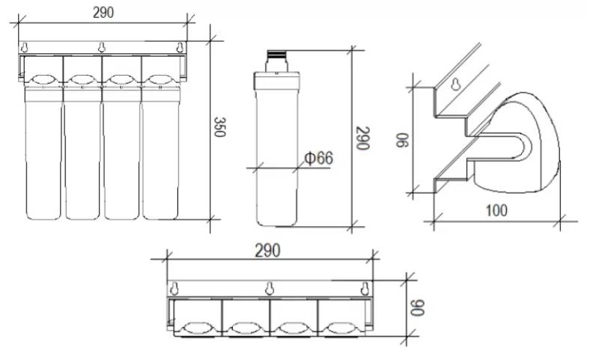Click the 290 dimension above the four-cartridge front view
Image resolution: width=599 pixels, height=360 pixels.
pyautogui.click(x=103, y=12)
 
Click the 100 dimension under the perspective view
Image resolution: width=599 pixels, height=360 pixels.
pyautogui.click(x=495, y=210)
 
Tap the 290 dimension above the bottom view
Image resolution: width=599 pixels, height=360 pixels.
pyautogui.click(x=267, y=251)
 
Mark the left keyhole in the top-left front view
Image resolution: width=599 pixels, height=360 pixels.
pyautogui.click(x=25, y=49)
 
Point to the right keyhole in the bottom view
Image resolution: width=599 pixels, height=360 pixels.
pyautogui.click(x=365, y=288)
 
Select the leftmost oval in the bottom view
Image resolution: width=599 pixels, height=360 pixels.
pyautogui.click(x=196, y=327)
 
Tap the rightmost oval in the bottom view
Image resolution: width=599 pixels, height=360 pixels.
pyautogui.click(x=340, y=327)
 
